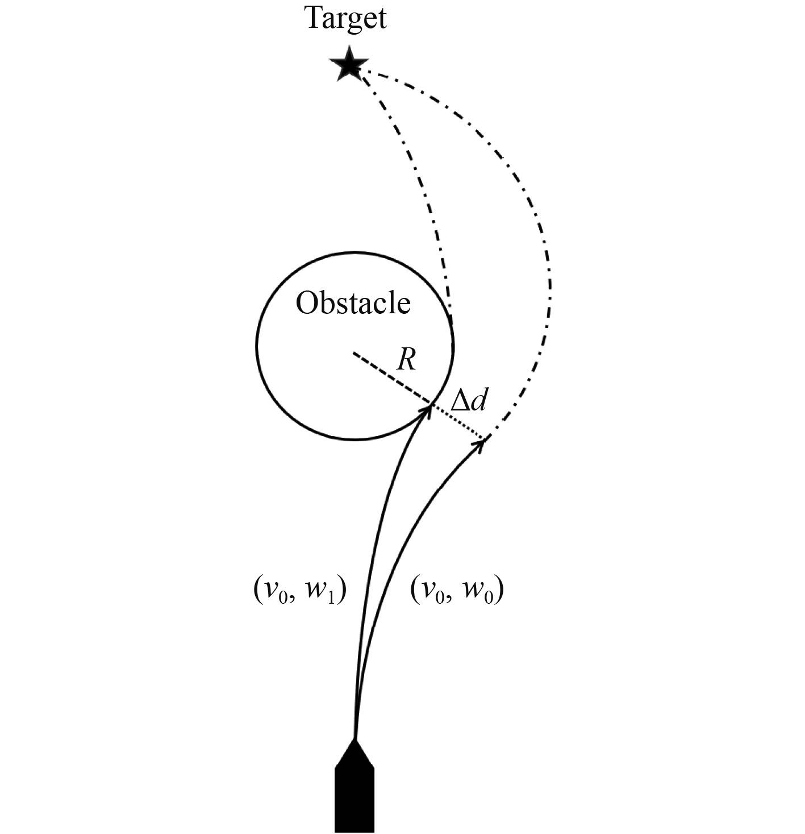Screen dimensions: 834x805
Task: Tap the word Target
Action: (346, 18)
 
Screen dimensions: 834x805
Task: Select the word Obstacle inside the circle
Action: (353, 304)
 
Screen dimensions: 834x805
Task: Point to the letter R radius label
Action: (406, 359)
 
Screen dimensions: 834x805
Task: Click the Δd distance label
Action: (469, 402)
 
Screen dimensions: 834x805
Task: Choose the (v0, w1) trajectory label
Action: (299, 592)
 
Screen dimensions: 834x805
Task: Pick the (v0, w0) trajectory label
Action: (457, 592)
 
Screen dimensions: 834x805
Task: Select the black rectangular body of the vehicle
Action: (354, 799)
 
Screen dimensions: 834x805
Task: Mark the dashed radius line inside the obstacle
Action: (392, 379)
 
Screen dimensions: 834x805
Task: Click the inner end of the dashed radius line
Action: (354, 353)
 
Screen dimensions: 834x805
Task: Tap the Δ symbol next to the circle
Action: (460, 402)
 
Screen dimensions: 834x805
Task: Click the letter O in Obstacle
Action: (307, 304)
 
